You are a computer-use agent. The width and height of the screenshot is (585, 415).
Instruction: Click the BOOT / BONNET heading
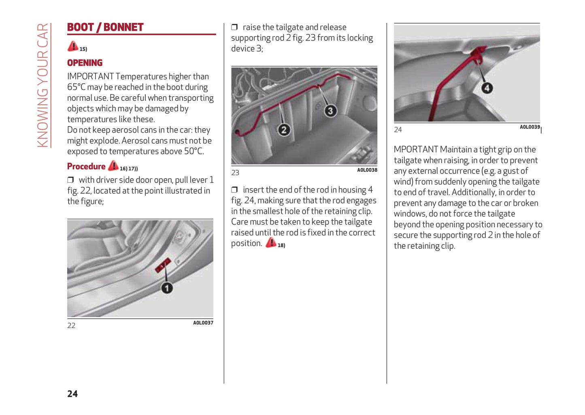coord(105,28)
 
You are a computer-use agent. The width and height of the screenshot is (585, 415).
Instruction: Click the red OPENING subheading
coord(85,63)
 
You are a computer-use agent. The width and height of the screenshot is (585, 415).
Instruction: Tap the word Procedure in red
coord(86,167)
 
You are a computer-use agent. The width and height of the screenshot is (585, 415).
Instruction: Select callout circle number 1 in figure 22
coord(167,288)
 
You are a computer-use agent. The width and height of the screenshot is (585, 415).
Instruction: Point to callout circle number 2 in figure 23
coord(284,130)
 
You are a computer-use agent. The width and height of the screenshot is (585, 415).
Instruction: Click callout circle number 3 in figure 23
coord(330,111)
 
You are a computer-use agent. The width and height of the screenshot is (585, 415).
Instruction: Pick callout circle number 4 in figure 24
coord(487,88)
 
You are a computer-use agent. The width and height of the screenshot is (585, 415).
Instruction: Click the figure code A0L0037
coord(203,323)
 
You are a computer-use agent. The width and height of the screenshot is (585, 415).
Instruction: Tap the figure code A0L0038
coord(367,170)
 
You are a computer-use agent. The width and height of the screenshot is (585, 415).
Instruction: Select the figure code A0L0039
coord(530,127)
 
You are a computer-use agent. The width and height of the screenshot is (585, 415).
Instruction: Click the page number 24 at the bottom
coord(72,394)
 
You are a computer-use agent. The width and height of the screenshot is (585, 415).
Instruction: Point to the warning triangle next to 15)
coord(73,46)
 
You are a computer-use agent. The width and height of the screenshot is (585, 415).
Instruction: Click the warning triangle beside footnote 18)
coord(271,243)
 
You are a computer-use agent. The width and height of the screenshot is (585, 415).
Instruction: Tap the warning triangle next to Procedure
coord(113,165)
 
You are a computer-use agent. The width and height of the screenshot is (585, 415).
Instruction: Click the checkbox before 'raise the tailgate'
coord(234,27)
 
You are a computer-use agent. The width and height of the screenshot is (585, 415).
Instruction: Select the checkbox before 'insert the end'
coord(234,190)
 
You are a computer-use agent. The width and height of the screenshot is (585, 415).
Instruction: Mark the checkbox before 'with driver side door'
coord(70,180)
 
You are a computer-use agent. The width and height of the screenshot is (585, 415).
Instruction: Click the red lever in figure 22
coord(163,265)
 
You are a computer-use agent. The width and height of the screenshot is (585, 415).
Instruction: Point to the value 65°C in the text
coord(77,87)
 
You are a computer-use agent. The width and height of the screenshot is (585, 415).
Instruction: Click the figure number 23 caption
coord(235,173)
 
